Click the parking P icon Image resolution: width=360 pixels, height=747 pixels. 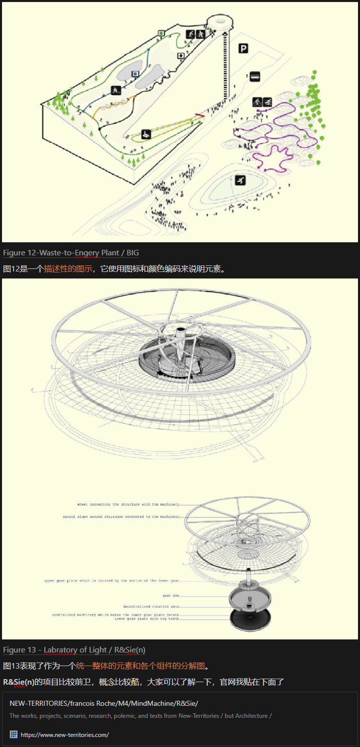243,48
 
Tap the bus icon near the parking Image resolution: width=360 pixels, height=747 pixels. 255,76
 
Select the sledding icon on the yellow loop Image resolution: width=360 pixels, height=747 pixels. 146,134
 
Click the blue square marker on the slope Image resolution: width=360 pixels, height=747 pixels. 135,74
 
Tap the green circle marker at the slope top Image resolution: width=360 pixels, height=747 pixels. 161,33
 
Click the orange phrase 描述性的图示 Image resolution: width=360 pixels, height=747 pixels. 68,268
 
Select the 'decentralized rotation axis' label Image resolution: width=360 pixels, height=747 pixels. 151,607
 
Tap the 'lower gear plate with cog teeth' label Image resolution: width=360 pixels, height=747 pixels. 146,619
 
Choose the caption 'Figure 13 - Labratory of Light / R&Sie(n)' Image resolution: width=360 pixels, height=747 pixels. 74,650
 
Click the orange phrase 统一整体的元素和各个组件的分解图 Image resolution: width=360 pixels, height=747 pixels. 141,666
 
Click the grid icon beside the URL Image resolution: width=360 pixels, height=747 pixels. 14,734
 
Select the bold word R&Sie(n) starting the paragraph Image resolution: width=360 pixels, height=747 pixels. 19,682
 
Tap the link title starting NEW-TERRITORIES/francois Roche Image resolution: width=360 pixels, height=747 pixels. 104,703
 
